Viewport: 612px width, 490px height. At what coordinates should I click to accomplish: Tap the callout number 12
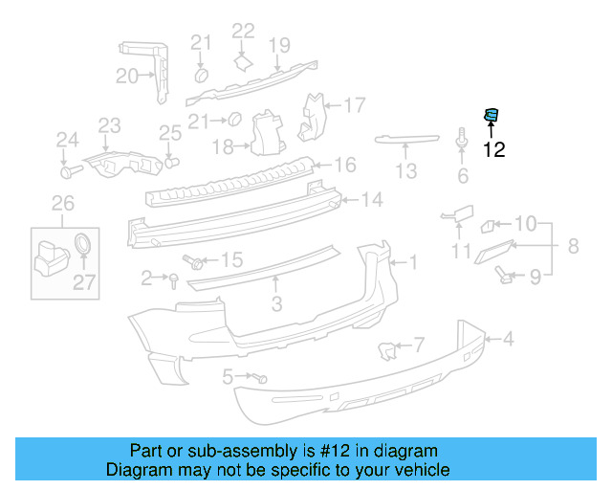click(493, 149)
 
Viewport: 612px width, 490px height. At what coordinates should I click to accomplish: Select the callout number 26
click(62, 202)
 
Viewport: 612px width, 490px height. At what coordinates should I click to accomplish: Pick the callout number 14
click(371, 200)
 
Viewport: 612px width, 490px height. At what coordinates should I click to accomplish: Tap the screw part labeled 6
click(463, 142)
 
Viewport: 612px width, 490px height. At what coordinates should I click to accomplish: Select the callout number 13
click(406, 171)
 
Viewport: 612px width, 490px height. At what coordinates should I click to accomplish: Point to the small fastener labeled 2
click(174, 278)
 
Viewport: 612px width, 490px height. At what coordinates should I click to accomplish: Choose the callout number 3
click(276, 304)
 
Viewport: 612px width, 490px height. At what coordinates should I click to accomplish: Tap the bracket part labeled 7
click(388, 351)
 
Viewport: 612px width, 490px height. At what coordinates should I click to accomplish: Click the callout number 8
click(572, 246)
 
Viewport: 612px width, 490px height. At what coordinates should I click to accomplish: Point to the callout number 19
click(278, 44)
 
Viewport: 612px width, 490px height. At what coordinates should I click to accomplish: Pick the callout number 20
click(127, 77)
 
